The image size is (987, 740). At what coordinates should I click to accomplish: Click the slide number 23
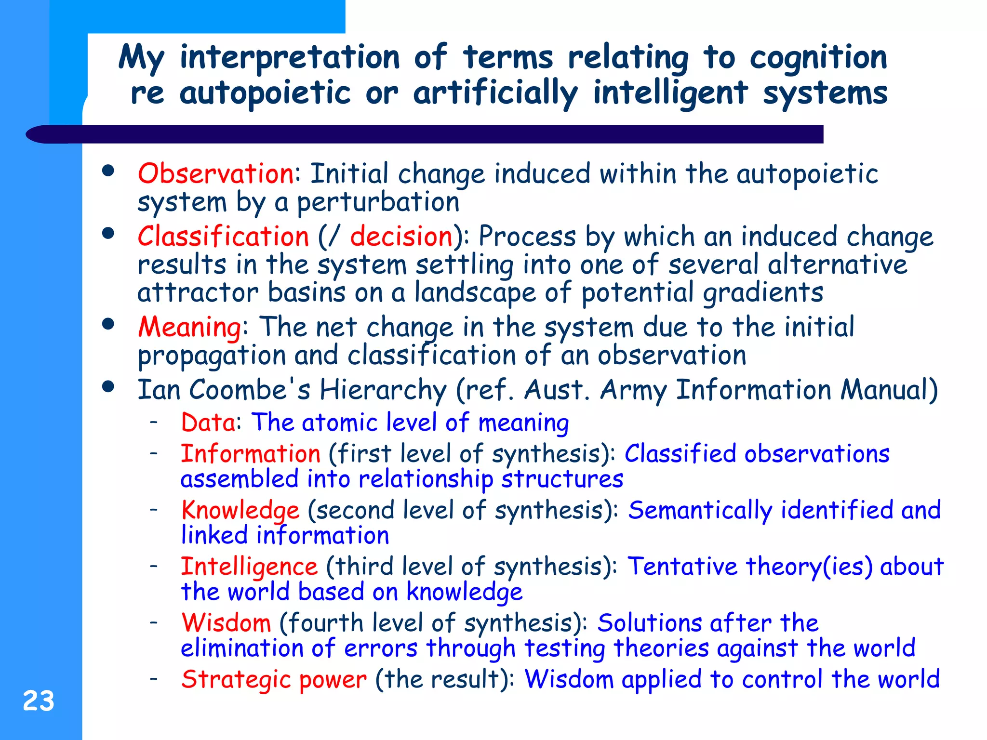39,701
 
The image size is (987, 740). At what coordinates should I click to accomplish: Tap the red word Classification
223,237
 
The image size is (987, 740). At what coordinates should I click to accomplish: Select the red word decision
401,237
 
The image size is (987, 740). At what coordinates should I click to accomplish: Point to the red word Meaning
189,327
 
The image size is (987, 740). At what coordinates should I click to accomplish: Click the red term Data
208,423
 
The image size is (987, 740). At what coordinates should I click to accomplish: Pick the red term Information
250,454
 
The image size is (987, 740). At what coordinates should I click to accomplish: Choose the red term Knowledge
240,510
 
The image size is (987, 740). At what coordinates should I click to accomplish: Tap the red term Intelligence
249,567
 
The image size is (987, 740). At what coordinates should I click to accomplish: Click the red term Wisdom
226,623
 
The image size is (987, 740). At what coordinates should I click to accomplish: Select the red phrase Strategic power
273,679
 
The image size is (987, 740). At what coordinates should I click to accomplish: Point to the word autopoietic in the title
265,93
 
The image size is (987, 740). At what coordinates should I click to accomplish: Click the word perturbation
378,202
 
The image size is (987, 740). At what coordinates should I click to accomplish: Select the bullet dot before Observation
108,171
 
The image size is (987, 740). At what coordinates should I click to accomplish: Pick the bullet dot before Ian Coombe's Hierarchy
108,386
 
